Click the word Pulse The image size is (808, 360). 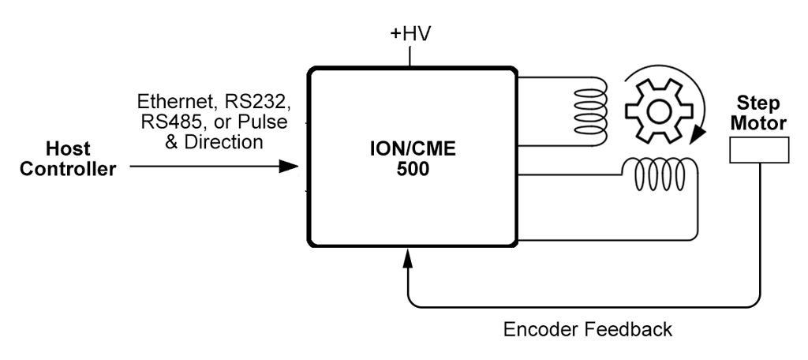tap(264, 122)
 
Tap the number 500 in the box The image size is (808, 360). tap(408, 169)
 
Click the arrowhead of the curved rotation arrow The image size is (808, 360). tap(696, 135)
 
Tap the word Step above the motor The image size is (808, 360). tap(757, 103)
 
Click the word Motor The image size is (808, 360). tap(757, 123)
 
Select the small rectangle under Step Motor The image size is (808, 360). tap(757, 149)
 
